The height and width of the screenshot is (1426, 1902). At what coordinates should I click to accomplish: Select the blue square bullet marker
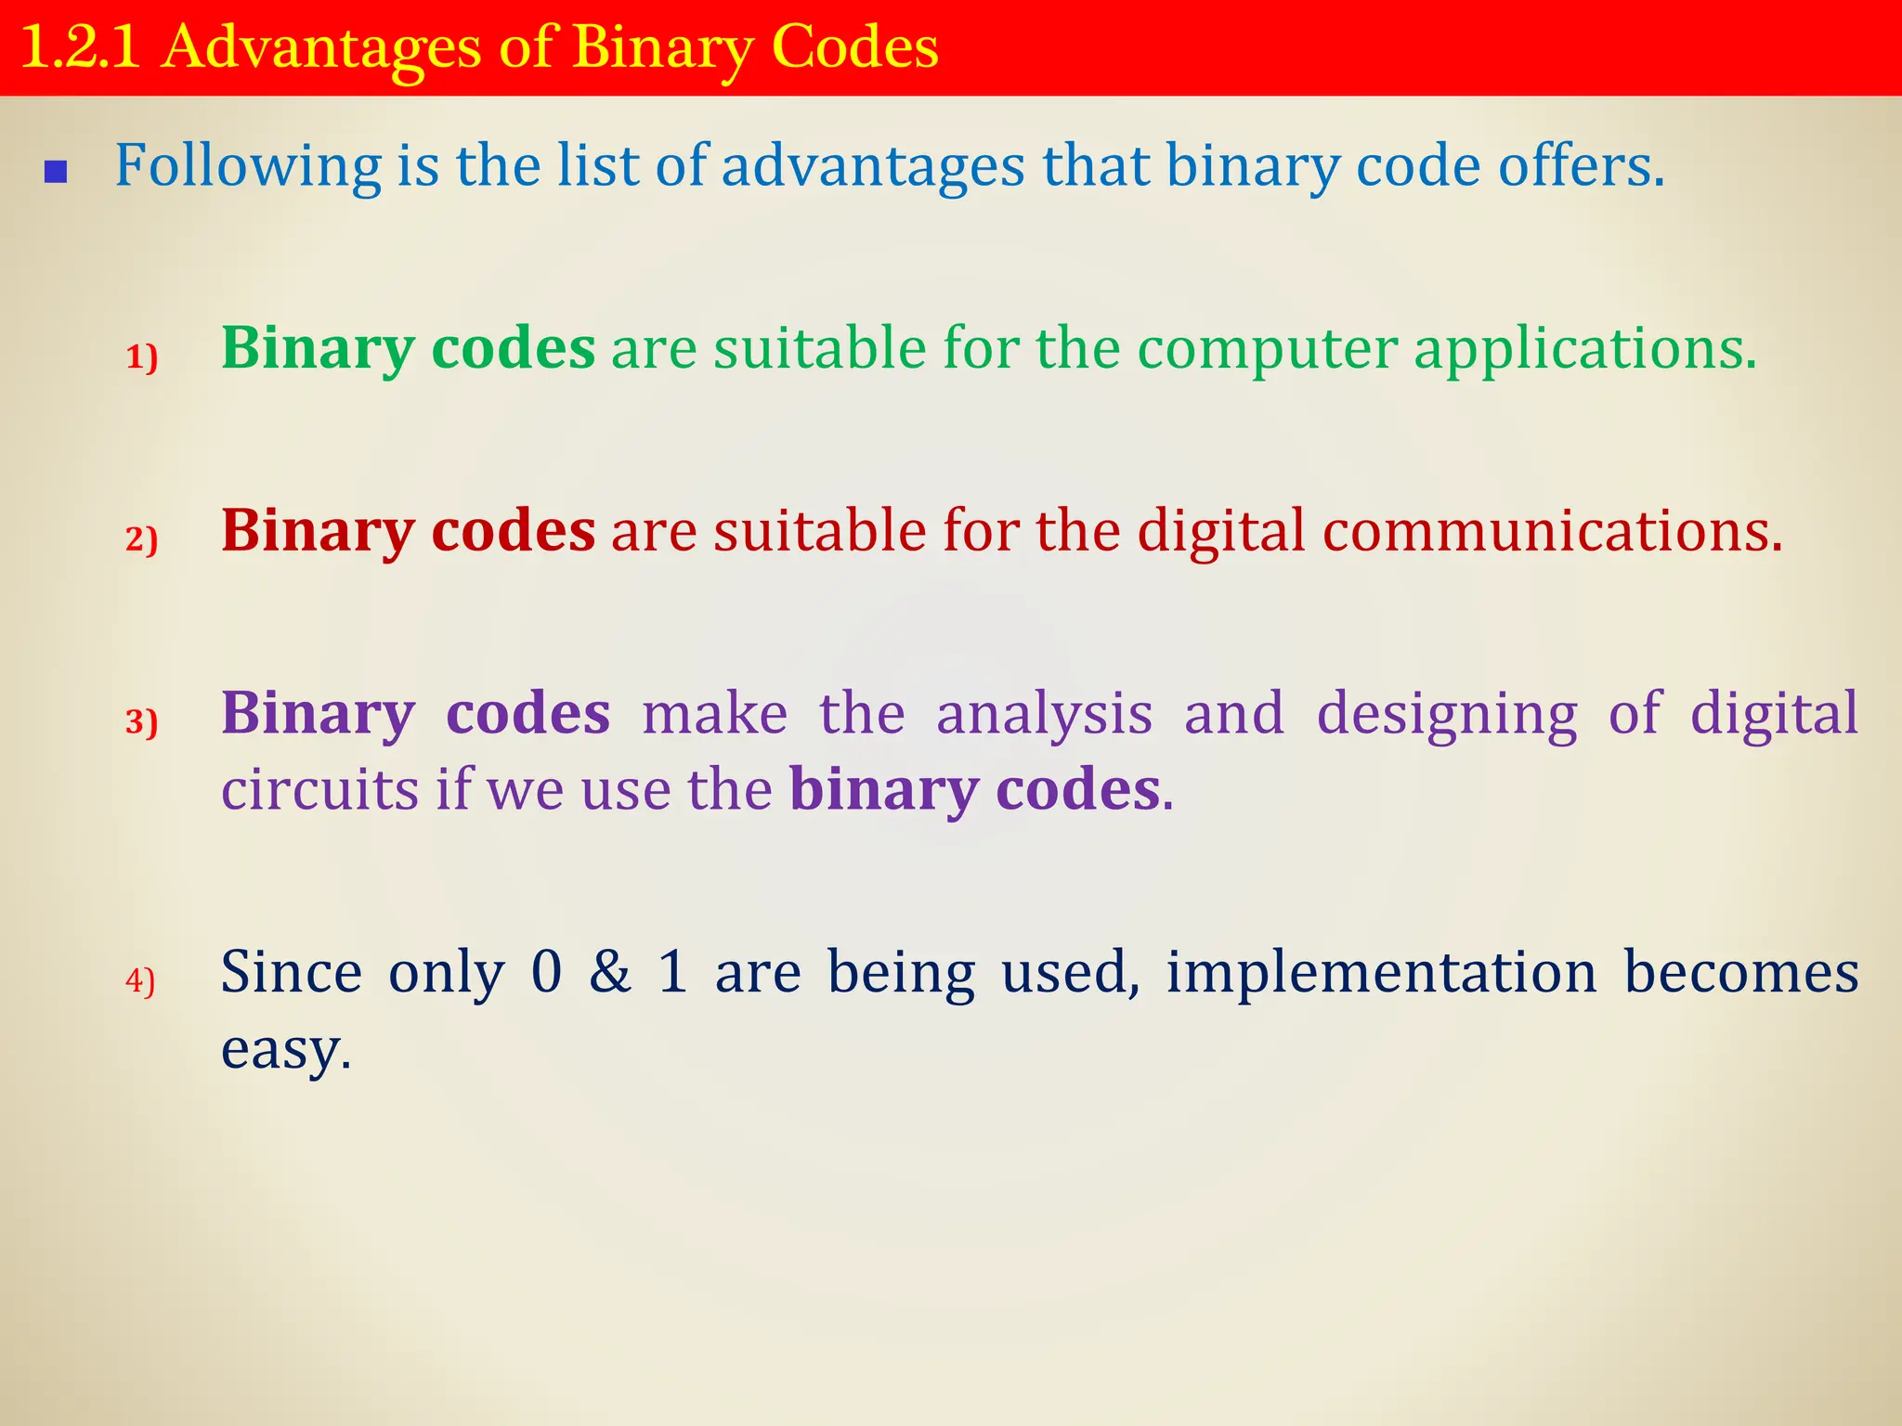click(x=56, y=172)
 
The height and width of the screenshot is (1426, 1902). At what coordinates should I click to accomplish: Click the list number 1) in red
click(x=142, y=356)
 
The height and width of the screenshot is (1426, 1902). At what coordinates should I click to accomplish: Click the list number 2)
click(x=142, y=538)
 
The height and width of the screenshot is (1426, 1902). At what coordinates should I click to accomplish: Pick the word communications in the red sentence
click(x=1551, y=531)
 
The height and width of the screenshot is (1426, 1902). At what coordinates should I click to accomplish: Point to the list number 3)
click(x=142, y=721)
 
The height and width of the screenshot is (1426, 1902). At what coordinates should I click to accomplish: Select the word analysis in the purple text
click(x=1044, y=715)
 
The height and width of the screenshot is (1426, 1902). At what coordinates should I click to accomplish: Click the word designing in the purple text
click(x=1446, y=715)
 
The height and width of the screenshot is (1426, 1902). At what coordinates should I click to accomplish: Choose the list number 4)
click(x=140, y=980)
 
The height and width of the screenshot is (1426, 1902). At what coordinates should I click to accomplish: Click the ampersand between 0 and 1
click(x=610, y=973)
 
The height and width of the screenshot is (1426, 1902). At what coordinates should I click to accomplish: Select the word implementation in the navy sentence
click(x=1381, y=973)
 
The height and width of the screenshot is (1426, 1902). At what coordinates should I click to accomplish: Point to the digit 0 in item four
click(x=547, y=973)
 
